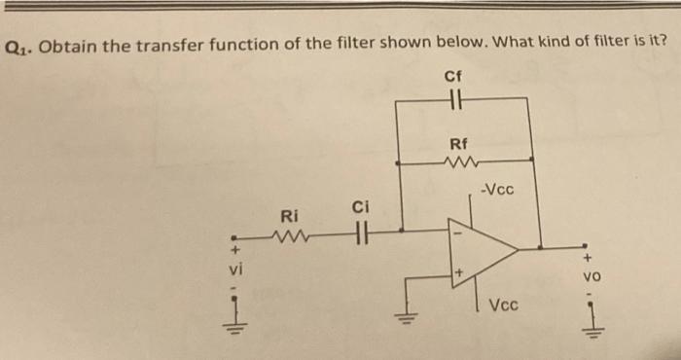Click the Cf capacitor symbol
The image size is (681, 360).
(x=453, y=97)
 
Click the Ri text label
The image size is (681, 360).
(x=289, y=215)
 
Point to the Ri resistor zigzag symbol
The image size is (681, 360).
(x=290, y=234)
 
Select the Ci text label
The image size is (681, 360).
(x=359, y=206)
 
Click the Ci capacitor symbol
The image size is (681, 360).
(x=360, y=233)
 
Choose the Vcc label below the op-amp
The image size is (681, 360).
(x=503, y=305)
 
